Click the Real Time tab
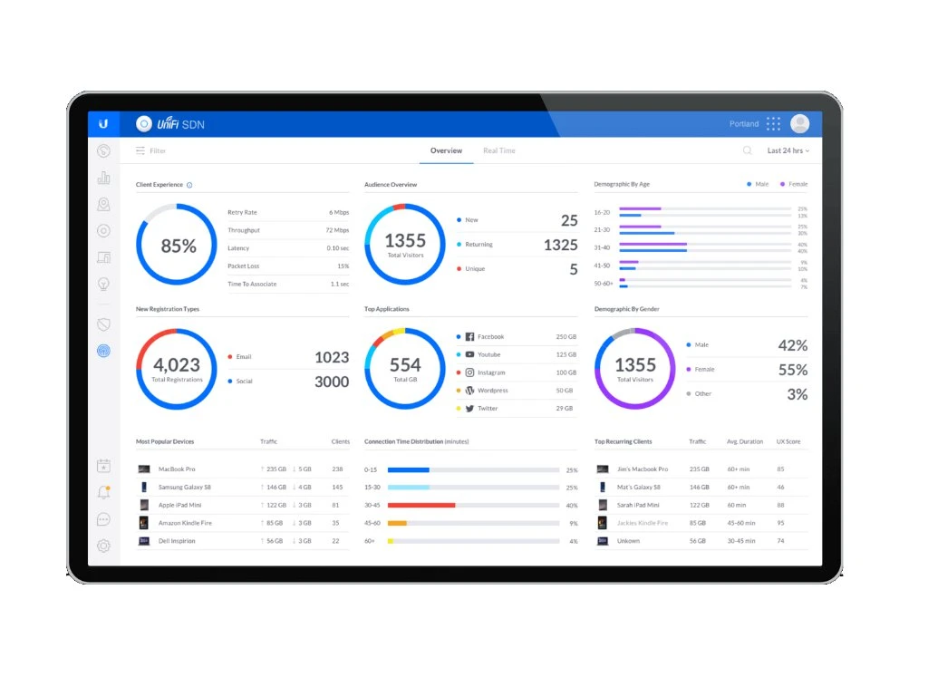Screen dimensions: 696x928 pyautogui.click(x=498, y=150)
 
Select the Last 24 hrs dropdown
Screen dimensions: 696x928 pyautogui.click(x=788, y=150)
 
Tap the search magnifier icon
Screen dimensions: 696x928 pyautogui.click(x=748, y=150)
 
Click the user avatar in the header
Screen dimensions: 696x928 pyautogui.click(x=799, y=124)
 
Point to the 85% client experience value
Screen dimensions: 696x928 pyautogui.click(x=179, y=246)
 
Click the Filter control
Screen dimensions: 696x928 pyautogui.click(x=151, y=150)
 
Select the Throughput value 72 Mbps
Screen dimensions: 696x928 pyautogui.click(x=337, y=230)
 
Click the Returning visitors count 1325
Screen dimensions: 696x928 pyautogui.click(x=560, y=245)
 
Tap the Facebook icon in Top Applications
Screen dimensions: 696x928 pyautogui.click(x=469, y=337)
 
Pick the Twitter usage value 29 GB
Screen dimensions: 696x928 pyautogui.click(x=565, y=409)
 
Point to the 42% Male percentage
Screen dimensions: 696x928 pyautogui.click(x=792, y=345)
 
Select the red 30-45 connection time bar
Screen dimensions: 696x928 pyautogui.click(x=421, y=506)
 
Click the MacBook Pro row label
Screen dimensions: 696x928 pyautogui.click(x=177, y=469)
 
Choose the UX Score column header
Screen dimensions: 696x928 pyautogui.click(x=788, y=441)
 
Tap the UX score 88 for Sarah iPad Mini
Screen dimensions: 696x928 pyautogui.click(x=780, y=505)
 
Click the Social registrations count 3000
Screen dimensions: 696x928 pyautogui.click(x=331, y=382)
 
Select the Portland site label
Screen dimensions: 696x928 pyautogui.click(x=744, y=124)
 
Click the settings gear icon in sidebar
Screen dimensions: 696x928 pyautogui.click(x=103, y=546)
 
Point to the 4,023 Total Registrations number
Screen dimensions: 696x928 pyautogui.click(x=178, y=364)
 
